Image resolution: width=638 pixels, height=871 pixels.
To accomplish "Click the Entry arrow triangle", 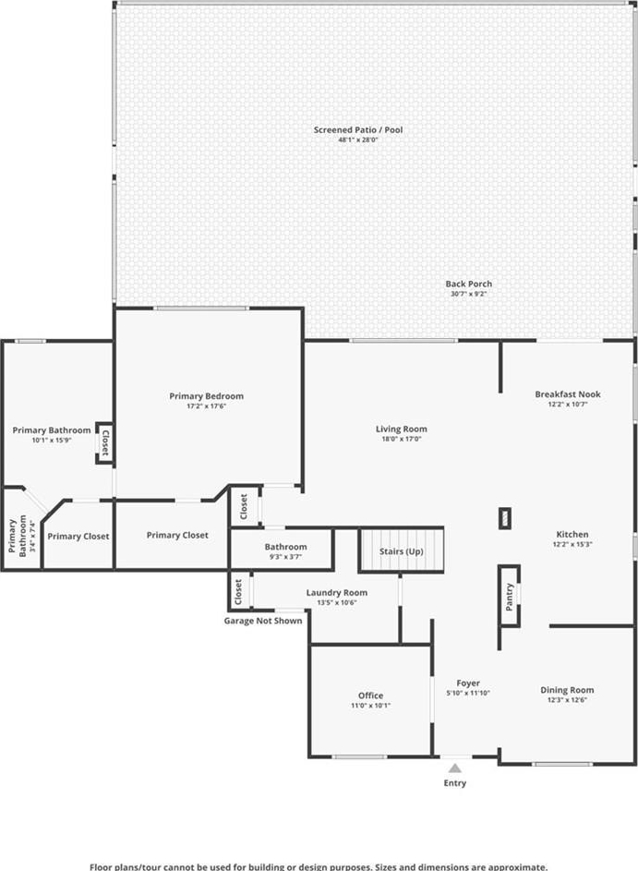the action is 455,768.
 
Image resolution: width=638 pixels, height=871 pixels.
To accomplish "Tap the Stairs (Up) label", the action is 402,551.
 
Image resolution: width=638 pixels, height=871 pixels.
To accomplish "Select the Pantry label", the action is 509,597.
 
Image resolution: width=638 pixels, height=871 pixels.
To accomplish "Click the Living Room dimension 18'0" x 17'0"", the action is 401,439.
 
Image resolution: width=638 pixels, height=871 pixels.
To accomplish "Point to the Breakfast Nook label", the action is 568,393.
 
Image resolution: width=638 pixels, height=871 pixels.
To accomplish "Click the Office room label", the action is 370,696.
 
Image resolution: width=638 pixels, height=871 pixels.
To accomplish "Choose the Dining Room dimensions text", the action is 567,700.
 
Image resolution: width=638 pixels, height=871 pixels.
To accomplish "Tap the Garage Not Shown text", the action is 263,621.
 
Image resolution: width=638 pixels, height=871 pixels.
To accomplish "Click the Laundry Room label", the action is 336,593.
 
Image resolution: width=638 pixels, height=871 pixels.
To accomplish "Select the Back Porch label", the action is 469,284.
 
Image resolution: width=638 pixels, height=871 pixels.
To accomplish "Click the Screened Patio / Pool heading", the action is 358,130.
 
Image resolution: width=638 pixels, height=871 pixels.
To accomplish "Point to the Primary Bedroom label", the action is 207,396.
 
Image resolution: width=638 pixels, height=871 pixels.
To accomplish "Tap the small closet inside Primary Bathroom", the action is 104,442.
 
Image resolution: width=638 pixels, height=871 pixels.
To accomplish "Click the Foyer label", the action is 468,683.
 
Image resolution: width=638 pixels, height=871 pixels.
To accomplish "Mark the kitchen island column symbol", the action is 505,519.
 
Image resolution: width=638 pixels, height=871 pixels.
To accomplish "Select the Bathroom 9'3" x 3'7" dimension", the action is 285,557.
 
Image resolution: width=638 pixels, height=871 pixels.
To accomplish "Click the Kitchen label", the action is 572,535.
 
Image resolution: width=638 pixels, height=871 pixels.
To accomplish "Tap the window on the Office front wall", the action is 360,756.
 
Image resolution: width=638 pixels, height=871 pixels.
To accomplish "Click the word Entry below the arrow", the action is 455,783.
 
